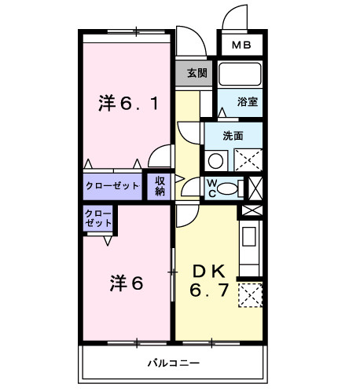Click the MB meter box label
[x=241, y=44]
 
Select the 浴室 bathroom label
[x=249, y=102]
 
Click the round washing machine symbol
[x=215, y=161]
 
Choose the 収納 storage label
[x=160, y=186]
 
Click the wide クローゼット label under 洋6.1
[x=112, y=186]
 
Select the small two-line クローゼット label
[x=98, y=217]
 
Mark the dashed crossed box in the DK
[x=249, y=295]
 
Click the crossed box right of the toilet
[x=255, y=188]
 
